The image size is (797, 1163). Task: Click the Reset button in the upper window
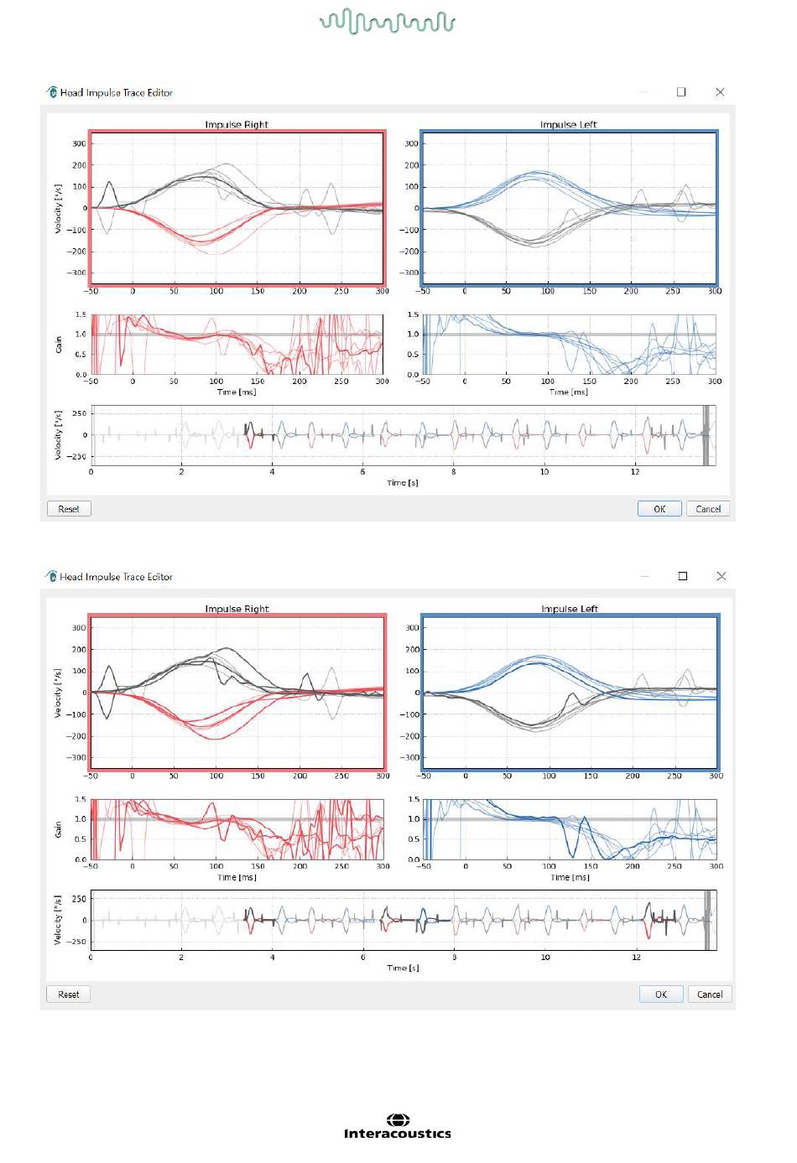tap(69, 509)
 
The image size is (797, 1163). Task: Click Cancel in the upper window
tap(707, 509)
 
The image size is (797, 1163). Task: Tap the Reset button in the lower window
tap(69, 994)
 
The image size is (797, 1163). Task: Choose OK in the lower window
tap(661, 994)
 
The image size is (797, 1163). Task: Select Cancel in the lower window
tap(710, 994)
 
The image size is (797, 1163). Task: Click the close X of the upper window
tap(720, 92)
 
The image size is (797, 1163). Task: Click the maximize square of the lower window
tap(683, 576)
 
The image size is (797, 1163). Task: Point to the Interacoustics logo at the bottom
tap(398, 1127)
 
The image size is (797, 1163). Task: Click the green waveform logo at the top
tap(388, 22)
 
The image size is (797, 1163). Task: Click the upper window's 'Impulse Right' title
tap(237, 125)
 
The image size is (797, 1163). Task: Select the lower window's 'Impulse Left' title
tap(570, 609)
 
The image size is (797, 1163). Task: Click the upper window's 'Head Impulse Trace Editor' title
tap(117, 92)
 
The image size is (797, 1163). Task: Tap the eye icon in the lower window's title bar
tap(51, 576)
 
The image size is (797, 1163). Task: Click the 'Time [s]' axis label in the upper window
tap(402, 483)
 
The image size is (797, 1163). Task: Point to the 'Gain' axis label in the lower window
tap(58, 829)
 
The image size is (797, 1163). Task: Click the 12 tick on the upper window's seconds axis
tap(635, 472)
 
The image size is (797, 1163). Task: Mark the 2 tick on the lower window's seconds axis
tap(181, 958)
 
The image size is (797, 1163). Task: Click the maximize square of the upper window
tap(681, 92)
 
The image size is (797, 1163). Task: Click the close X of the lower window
tap(721, 576)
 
